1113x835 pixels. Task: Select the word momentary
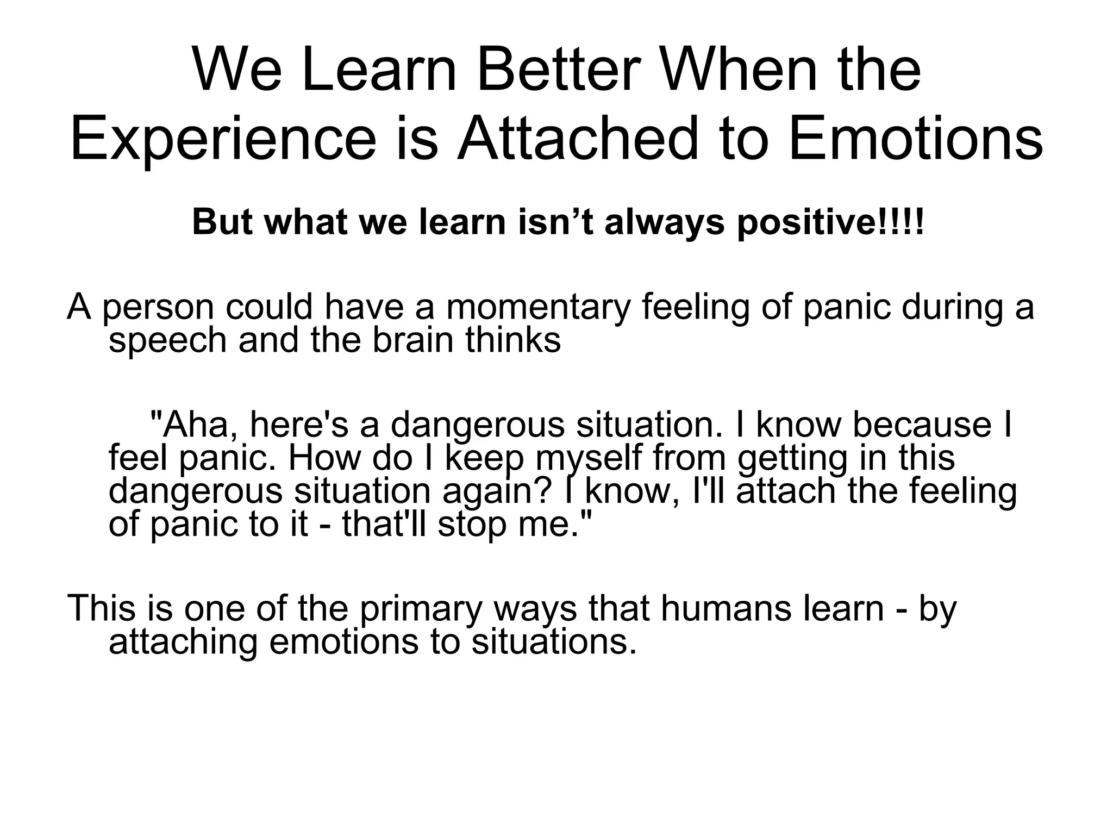(538, 308)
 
